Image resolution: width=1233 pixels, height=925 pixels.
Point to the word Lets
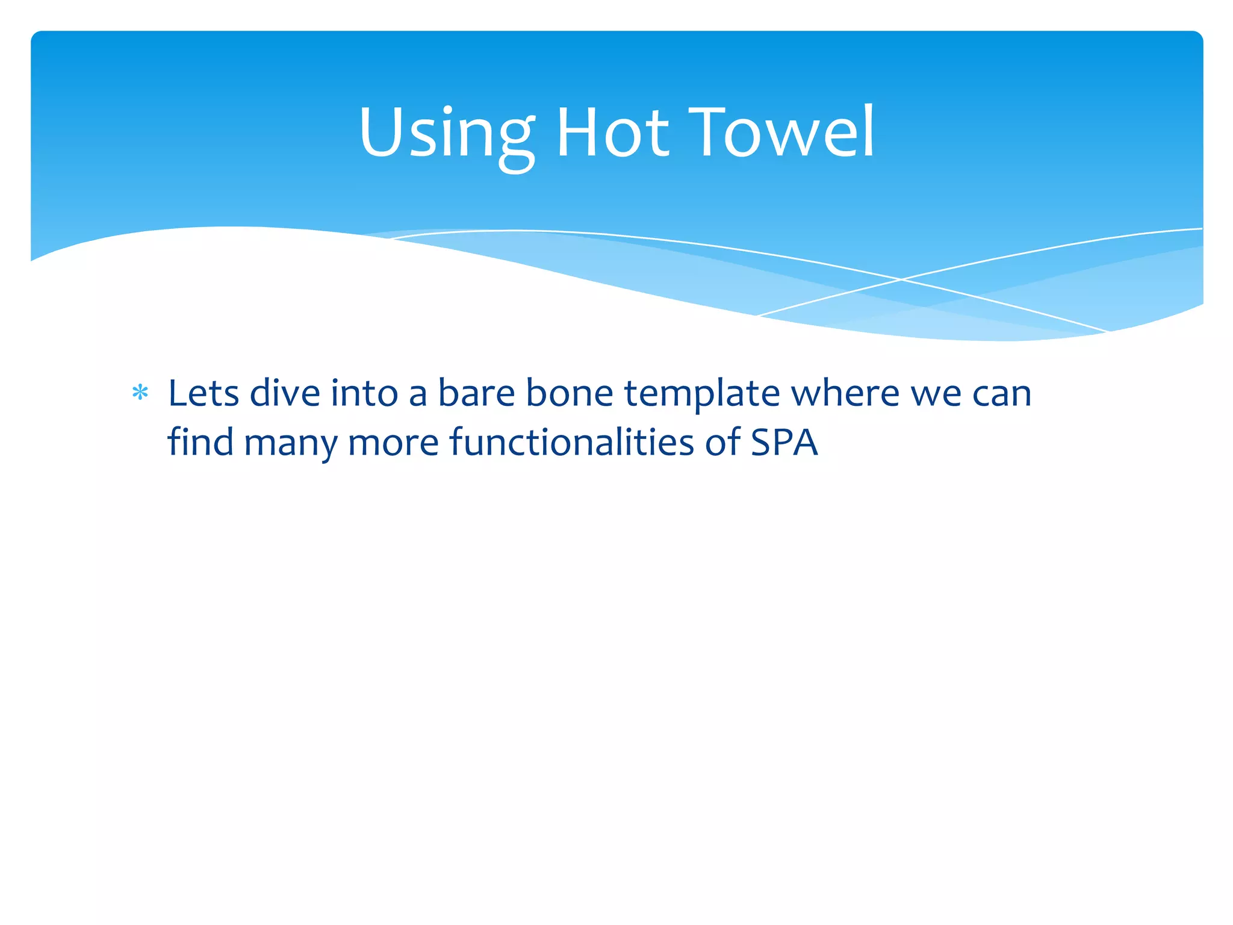point(203,394)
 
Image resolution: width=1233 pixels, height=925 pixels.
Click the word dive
point(285,394)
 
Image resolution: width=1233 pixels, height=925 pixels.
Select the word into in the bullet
point(364,394)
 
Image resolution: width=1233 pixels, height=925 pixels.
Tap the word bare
point(476,394)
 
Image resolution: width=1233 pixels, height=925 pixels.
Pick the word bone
point(570,394)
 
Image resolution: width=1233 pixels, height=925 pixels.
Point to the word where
point(845,394)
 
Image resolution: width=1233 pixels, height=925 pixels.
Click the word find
point(200,442)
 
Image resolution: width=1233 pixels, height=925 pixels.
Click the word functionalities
point(572,442)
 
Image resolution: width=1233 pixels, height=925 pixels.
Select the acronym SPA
point(784,443)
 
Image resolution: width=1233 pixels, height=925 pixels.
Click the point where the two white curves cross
point(901,279)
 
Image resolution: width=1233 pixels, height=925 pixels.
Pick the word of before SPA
point(722,442)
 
